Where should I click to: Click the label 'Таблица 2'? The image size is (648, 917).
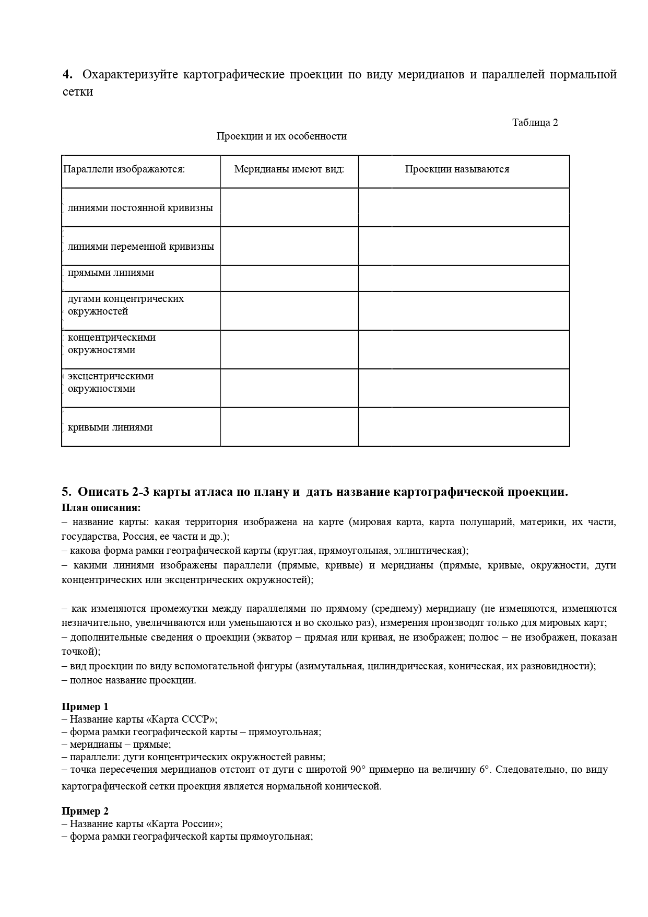tap(535, 123)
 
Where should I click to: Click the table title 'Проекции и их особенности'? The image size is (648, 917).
tap(281, 136)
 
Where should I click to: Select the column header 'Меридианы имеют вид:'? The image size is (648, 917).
tap(289, 169)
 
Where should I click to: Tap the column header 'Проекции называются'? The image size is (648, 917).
tap(457, 169)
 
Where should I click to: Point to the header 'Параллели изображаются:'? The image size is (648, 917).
tap(124, 169)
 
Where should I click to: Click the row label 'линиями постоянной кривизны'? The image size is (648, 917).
tap(140, 208)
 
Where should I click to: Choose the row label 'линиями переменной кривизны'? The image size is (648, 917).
tap(141, 247)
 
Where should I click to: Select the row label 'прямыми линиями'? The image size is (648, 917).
tap(111, 273)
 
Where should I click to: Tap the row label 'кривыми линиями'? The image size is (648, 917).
tap(110, 427)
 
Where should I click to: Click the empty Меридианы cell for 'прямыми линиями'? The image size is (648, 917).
tap(289, 278)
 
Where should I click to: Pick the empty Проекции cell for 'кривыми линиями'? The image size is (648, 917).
tap(464, 427)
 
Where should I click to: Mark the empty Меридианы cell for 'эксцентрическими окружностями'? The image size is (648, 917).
tap(289, 388)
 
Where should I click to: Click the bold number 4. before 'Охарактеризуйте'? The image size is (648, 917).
tap(67, 74)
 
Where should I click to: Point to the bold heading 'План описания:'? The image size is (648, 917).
tap(101, 508)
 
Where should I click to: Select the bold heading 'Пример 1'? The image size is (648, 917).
tap(85, 707)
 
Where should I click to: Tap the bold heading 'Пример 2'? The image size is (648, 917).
tap(85, 811)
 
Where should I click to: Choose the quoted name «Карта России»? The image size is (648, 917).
tap(185, 824)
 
